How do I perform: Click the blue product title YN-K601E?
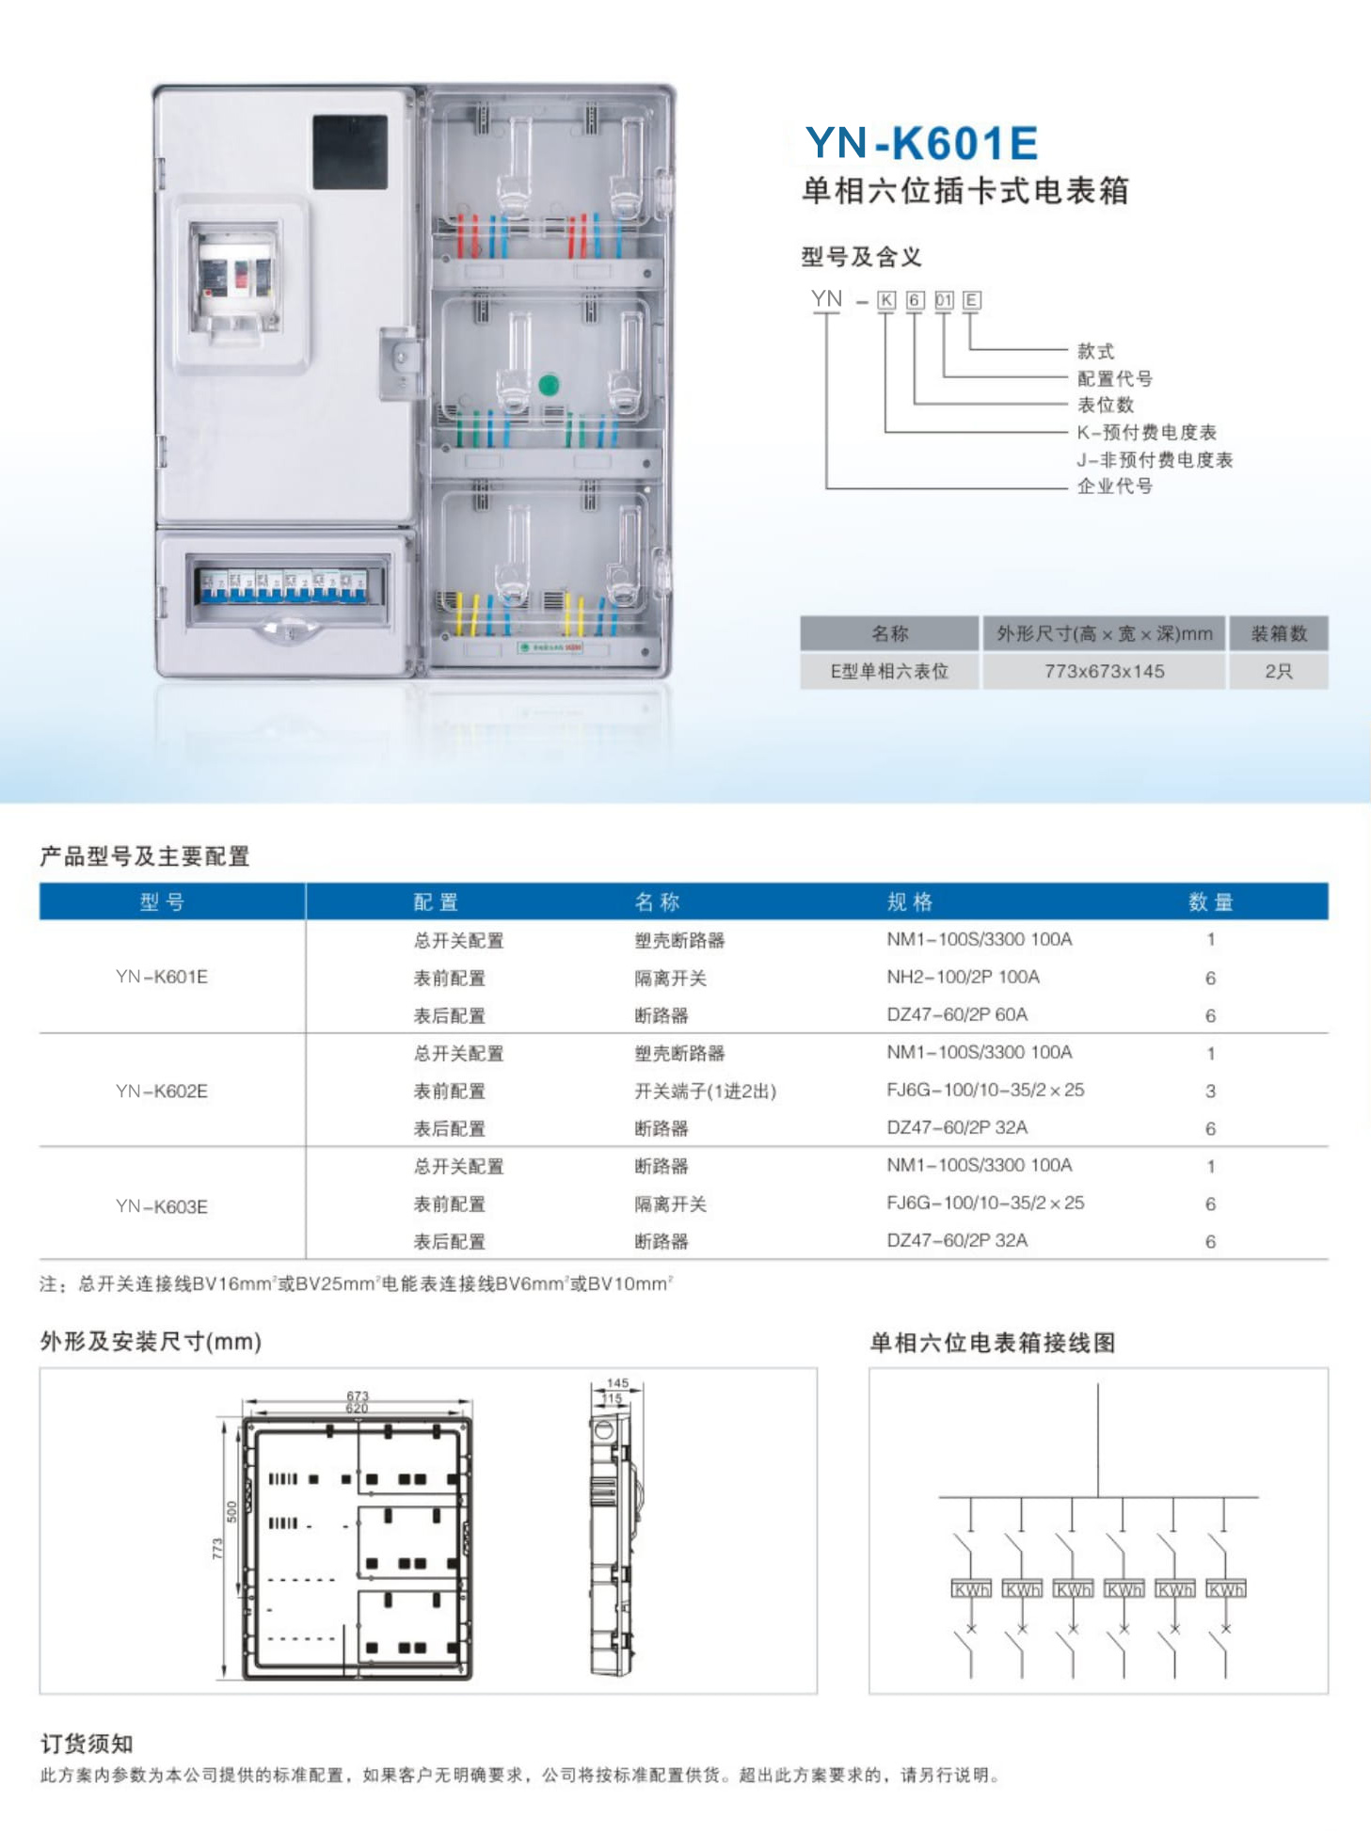click(921, 143)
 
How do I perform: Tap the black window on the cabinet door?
click(350, 151)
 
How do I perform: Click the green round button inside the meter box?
click(549, 384)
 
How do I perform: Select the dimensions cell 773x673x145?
click(1104, 671)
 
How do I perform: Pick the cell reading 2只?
click(1278, 671)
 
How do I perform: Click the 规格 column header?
click(909, 901)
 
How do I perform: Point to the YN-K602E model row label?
click(162, 1091)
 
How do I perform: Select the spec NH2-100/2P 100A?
click(963, 977)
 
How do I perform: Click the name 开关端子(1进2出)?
click(705, 1091)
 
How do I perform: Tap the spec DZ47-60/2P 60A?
click(957, 1014)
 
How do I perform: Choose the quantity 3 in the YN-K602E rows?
click(1210, 1091)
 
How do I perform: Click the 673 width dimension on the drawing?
click(358, 1396)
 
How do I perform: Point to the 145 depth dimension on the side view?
click(617, 1383)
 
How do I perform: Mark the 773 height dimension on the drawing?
click(217, 1548)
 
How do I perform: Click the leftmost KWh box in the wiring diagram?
click(971, 1589)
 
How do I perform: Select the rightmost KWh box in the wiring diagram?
click(1225, 1589)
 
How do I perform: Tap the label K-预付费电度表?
click(1147, 432)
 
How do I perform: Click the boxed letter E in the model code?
click(972, 300)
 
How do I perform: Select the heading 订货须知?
click(87, 1744)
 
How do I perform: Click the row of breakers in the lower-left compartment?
click(283, 585)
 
